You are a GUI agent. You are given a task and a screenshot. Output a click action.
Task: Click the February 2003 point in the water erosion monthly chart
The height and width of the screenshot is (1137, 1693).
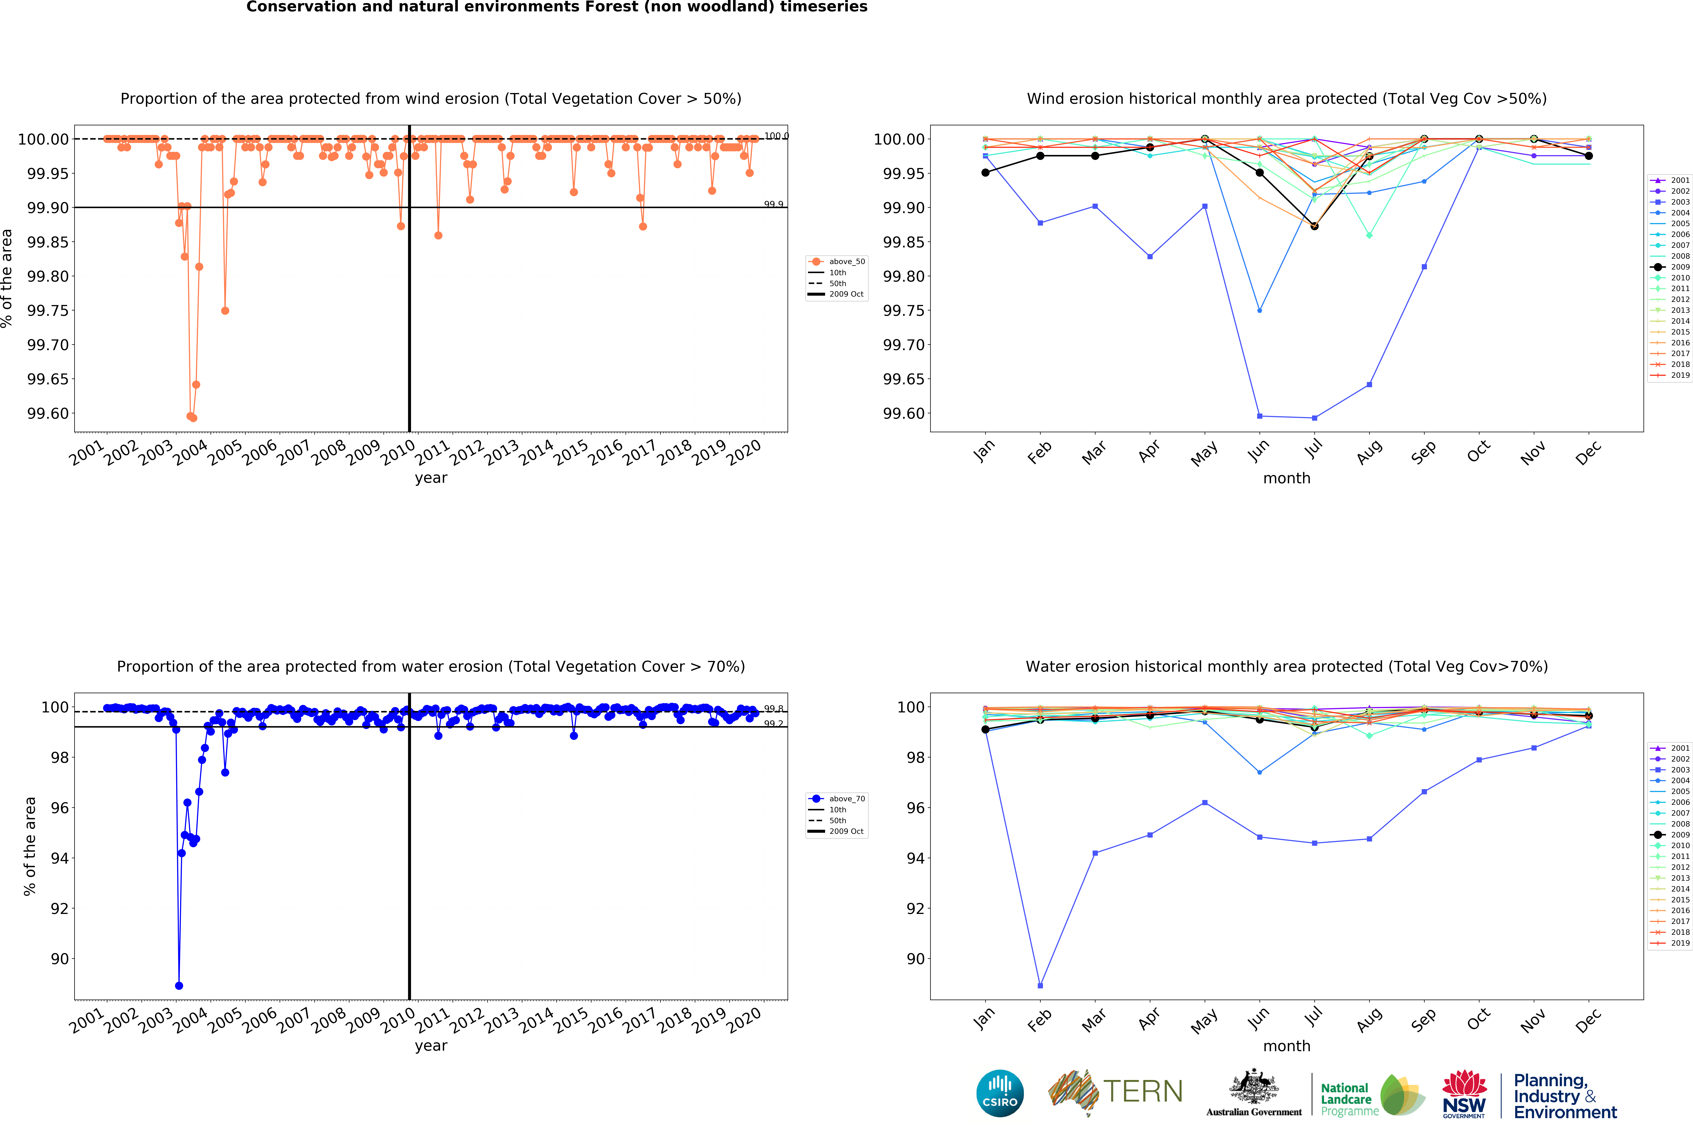tap(1040, 986)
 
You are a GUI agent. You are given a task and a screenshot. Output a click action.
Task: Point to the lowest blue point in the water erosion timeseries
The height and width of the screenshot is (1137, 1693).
tap(178, 986)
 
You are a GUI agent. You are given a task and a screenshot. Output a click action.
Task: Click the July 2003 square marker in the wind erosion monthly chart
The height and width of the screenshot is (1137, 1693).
tap(1314, 418)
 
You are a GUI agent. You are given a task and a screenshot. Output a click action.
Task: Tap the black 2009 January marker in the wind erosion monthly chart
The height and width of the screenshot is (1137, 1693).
tap(985, 172)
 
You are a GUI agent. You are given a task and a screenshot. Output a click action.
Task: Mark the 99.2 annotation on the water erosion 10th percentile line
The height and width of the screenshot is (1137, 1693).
tap(773, 724)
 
